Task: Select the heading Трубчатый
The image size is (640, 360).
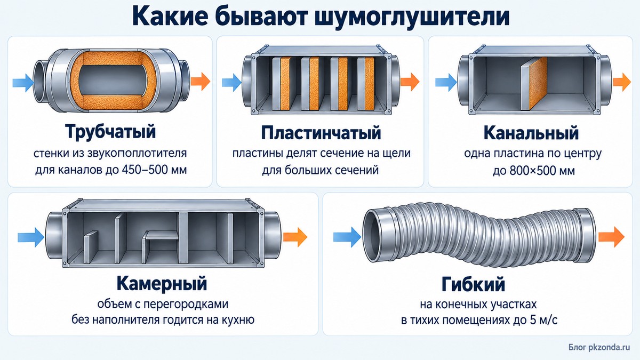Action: pyautogui.click(x=110, y=131)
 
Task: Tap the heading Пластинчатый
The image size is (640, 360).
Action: pyautogui.click(x=321, y=133)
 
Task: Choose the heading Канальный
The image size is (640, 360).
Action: pyautogui.click(x=531, y=133)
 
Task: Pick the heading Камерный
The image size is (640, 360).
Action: pyautogui.click(x=162, y=283)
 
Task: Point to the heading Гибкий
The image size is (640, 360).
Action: pyautogui.click(x=473, y=284)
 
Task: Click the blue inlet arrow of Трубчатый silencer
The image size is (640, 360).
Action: pyautogui.click(x=23, y=83)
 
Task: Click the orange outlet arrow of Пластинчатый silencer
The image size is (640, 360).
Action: pyautogui.click(x=410, y=82)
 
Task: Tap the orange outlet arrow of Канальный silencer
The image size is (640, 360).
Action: pyautogui.click(x=622, y=82)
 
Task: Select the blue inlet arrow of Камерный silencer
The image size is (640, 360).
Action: pyautogui.click(x=31, y=237)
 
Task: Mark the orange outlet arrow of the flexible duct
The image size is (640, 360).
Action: pyautogui.click(x=611, y=237)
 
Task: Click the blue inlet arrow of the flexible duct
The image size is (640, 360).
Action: pyautogui.click(x=347, y=237)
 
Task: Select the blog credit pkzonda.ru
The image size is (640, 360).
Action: pyautogui.click(x=611, y=347)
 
